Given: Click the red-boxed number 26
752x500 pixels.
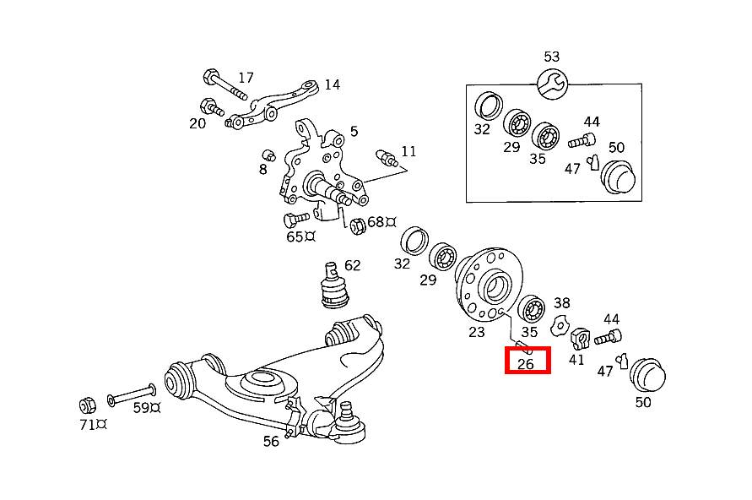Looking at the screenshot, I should point(527,364).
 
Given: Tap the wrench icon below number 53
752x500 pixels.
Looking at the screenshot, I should point(552,82).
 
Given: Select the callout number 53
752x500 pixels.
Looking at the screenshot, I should point(551,57).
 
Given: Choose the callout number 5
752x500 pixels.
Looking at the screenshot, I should point(354,131).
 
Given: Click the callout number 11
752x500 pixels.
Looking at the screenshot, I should point(408,151).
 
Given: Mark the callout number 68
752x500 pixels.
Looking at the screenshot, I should point(376,222).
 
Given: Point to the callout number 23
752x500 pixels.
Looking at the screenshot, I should point(477,332).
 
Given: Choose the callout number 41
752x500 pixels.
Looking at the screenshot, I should point(576,359).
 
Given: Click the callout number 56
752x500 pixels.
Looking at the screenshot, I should point(271,441).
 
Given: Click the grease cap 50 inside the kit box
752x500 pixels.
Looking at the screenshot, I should point(617,176).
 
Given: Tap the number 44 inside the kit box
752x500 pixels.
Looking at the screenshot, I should point(591,122).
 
